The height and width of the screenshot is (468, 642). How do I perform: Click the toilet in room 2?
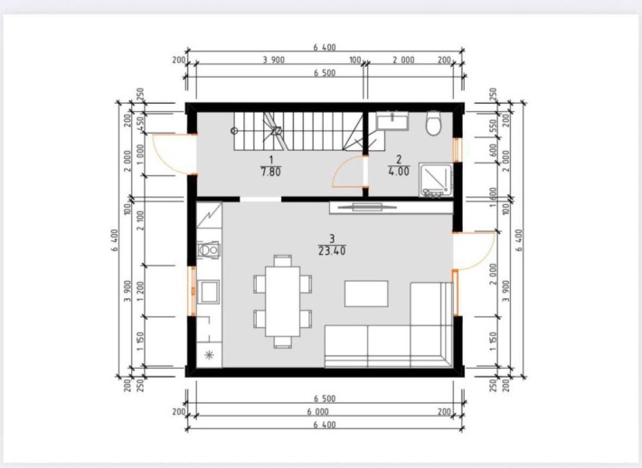tap(434, 122)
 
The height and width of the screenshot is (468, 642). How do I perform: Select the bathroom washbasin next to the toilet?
tap(393, 118)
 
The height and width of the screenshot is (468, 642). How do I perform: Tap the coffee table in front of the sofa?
tap(365, 294)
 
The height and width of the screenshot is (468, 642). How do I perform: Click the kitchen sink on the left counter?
tap(208, 291)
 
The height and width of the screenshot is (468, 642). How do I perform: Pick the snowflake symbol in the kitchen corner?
tap(209, 354)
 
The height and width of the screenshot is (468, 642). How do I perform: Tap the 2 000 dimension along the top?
tap(403, 61)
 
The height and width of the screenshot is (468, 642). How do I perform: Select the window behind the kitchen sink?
tap(192, 291)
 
